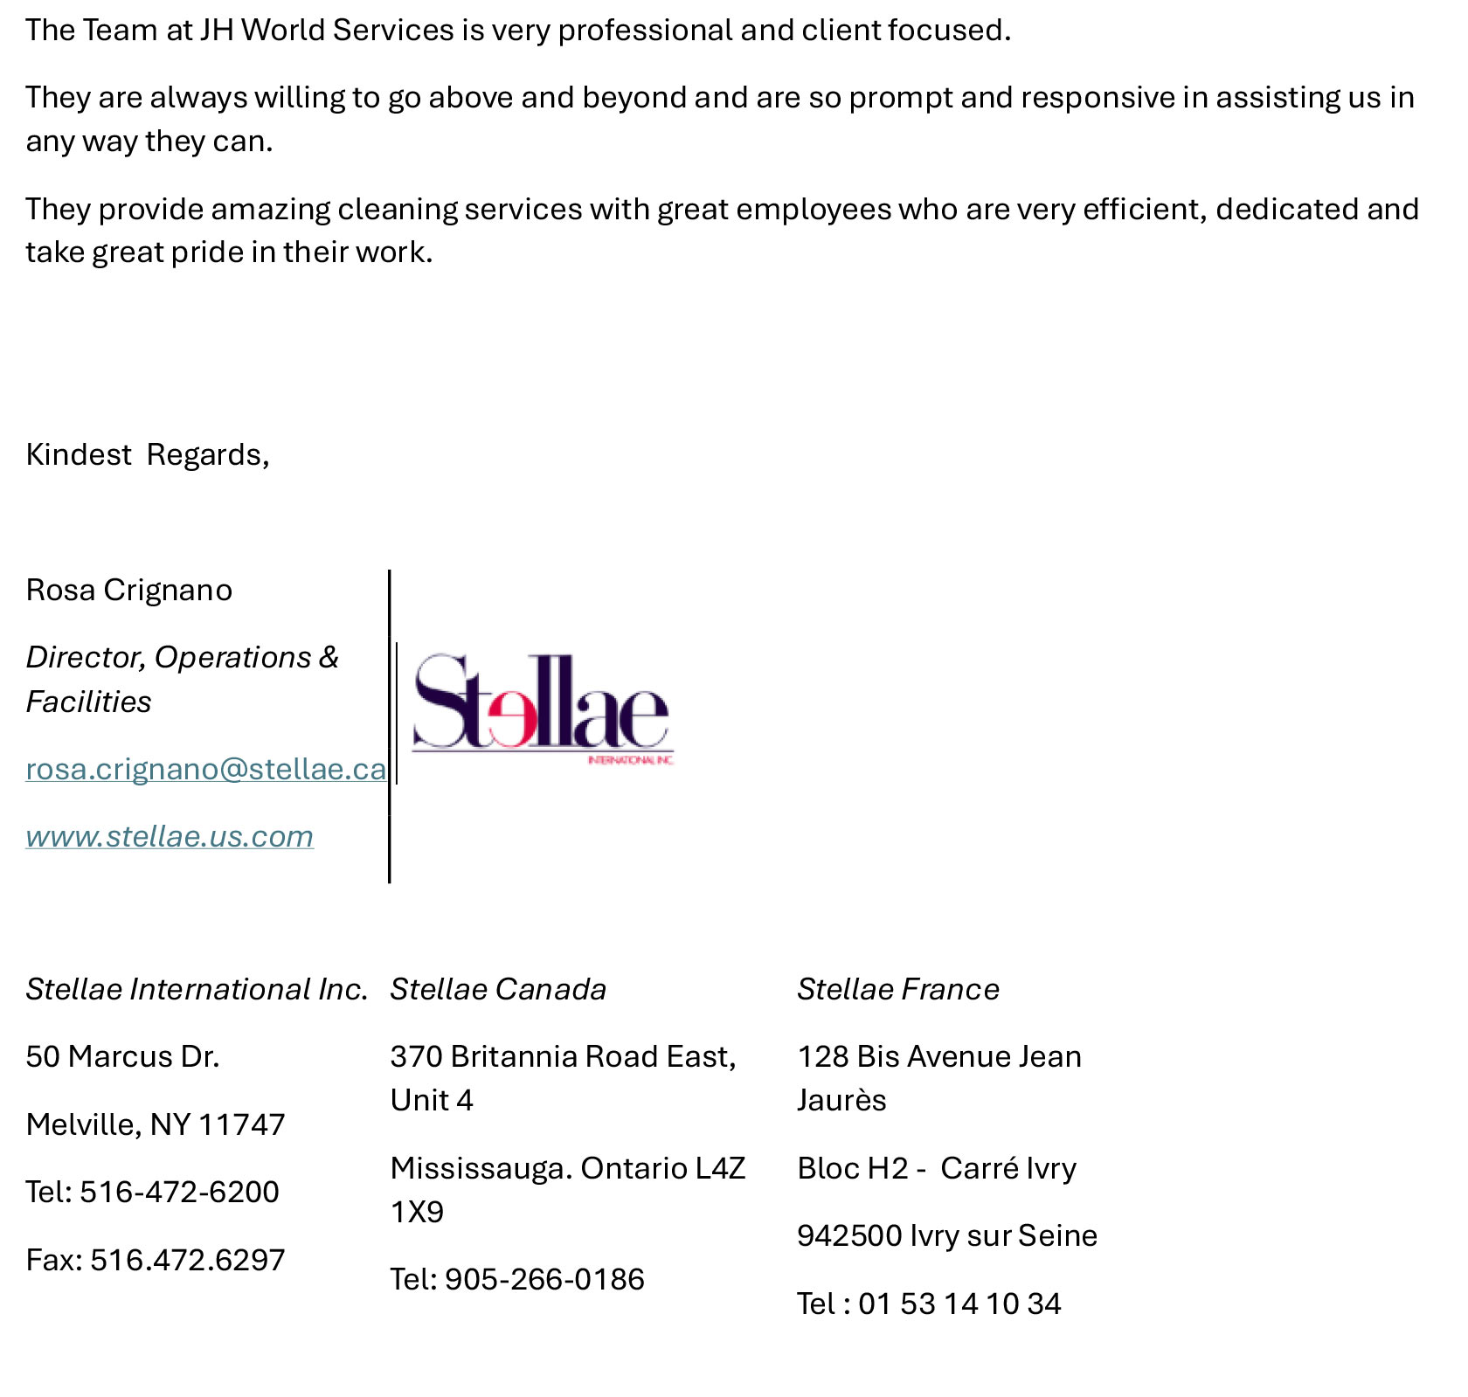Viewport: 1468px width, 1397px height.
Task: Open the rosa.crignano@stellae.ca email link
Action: tap(205, 769)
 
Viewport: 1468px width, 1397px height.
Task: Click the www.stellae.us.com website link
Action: tap(170, 837)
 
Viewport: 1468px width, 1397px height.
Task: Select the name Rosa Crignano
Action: tap(129, 591)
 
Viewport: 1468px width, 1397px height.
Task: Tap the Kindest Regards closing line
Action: tap(148, 455)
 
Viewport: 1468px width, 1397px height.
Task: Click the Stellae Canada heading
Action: tap(498, 989)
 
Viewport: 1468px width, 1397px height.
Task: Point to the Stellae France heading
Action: tap(897, 989)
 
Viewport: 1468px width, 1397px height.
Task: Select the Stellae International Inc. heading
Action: tap(197, 989)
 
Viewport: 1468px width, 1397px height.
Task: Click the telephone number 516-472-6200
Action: tap(179, 1192)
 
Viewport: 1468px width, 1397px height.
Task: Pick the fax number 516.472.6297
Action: tap(187, 1260)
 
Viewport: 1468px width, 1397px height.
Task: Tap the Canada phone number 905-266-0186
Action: tap(544, 1279)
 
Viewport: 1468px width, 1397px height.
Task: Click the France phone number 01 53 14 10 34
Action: tap(959, 1304)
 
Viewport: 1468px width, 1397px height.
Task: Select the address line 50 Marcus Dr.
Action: tap(122, 1057)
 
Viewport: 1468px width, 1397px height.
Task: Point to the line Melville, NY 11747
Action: tap(156, 1124)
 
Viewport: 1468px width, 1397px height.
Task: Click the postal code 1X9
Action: tap(417, 1212)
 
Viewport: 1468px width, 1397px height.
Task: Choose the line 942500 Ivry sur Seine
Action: tap(947, 1235)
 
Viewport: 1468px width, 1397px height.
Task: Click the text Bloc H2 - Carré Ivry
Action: tap(937, 1168)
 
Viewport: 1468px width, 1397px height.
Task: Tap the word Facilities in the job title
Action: tap(88, 702)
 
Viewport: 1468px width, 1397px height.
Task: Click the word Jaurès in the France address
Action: tap(841, 1100)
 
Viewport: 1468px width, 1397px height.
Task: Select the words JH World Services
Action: tap(327, 31)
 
